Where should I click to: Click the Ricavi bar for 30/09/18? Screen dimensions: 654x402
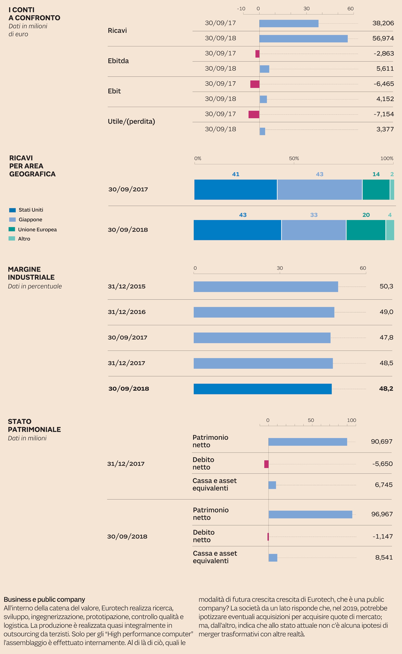coord(303,38)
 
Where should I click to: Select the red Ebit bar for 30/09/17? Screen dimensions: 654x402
coord(255,84)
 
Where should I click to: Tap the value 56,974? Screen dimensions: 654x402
coord(383,38)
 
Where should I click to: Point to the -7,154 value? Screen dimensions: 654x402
coord(383,114)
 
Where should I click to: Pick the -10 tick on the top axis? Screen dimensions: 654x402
coord(241,9)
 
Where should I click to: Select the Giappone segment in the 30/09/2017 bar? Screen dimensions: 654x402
coord(319,190)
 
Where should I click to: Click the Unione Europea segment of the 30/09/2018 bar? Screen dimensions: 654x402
coord(366,230)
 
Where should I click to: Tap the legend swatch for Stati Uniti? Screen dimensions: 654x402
coord(12,210)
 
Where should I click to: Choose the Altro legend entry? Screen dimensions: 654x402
coord(24,239)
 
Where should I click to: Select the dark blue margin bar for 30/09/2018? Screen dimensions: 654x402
coord(262,389)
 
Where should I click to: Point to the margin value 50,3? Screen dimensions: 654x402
coord(386,286)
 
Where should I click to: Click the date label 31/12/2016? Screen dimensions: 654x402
coord(127,312)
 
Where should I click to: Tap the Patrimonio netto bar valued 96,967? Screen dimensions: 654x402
coord(310,514)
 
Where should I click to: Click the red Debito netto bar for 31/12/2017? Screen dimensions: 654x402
coord(266,464)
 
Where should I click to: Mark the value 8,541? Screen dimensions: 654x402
coord(384,558)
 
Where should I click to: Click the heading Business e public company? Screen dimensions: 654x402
coord(44,599)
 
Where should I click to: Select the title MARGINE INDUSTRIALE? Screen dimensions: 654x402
coord(31,273)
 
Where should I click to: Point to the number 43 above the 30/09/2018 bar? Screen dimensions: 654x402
coord(243,215)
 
